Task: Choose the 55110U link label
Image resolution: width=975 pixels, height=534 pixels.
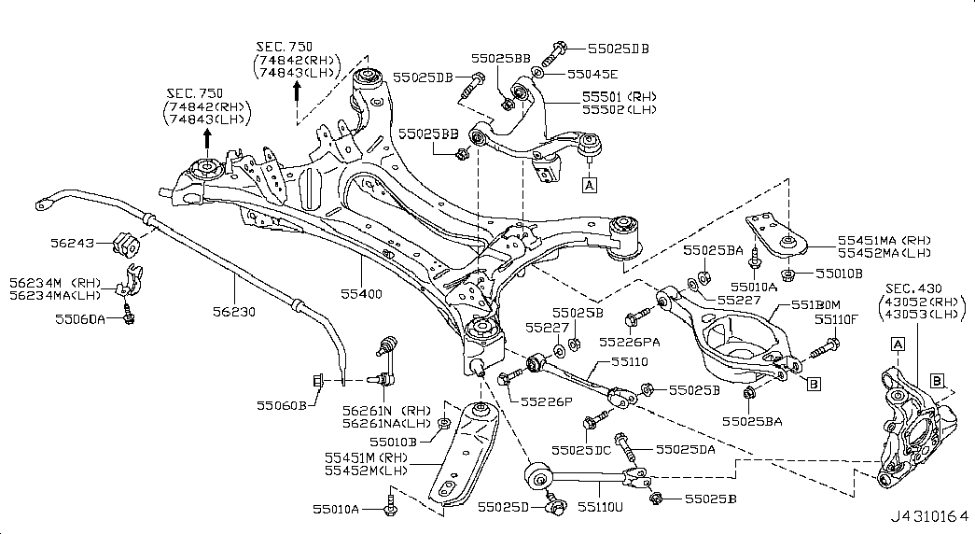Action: [x=599, y=506]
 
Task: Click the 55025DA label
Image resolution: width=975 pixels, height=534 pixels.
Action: [x=685, y=449]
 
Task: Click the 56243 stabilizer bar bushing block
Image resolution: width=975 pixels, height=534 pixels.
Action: [x=125, y=244]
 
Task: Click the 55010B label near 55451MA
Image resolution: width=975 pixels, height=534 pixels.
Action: [x=839, y=274]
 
